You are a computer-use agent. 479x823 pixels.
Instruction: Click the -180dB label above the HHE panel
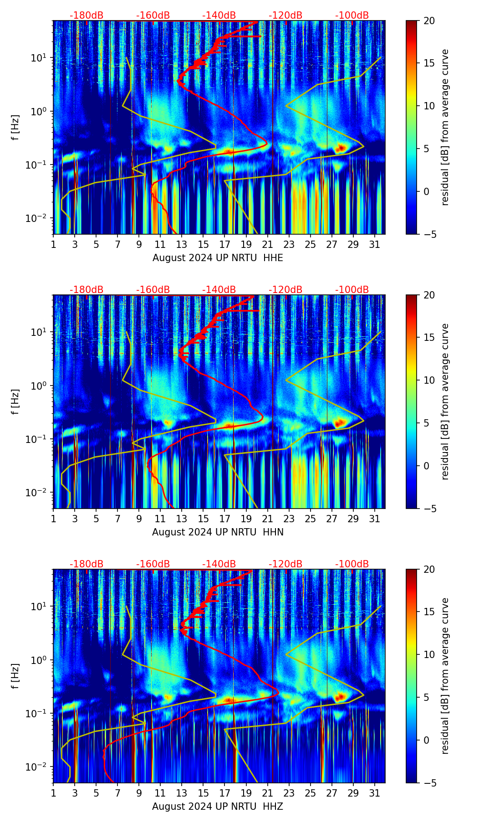click(x=87, y=15)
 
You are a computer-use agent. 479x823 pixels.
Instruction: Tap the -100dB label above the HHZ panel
click(x=352, y=564)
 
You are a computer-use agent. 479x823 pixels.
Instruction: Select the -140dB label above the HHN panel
click(x=219, y=290)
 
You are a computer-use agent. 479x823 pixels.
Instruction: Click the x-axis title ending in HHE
click(x=218, y=258)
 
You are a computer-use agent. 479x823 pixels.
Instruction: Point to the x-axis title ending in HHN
click(x=218, y=532)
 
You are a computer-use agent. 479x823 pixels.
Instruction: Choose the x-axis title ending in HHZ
click(x=218, y=807)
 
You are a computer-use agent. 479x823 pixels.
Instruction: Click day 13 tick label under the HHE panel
click(x=182, y=245)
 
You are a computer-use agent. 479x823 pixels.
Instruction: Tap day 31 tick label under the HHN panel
click(x=374, y=519)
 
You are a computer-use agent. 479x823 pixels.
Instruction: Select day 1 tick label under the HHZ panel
click(x=54, y=793)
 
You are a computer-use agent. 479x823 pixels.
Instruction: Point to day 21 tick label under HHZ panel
click(x=267, y=793)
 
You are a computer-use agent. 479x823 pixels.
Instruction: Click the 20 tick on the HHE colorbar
click(x=429, y=21)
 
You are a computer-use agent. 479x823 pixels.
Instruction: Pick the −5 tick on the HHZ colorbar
click(x=429, y=782)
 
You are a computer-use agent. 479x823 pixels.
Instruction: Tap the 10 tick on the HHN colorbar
click(x=429, y=380)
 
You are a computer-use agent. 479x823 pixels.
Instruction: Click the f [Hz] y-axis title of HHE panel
click(x=15, y=128)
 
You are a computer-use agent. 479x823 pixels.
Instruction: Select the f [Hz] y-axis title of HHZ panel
click(x=15, y=676)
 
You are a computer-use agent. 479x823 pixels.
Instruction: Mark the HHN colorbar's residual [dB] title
click(x=445, y=401)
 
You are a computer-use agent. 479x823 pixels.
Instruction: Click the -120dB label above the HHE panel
click(x=285, y=15)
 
